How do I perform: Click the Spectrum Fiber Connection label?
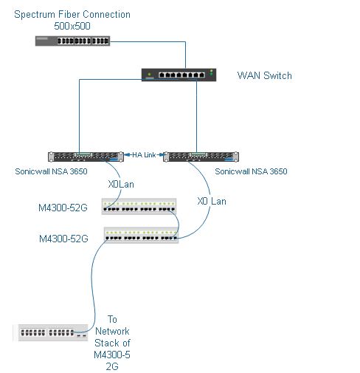point(72,15)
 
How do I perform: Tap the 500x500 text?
point(72,26)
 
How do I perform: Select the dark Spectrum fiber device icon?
point(72,41)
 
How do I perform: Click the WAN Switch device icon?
point(180,74)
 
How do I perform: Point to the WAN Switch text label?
point(264,75)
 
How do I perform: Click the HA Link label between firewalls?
point(144,154)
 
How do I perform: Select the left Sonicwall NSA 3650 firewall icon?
point(83,156)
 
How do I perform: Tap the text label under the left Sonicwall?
point(51,171)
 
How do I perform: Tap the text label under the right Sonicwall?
point(251,171)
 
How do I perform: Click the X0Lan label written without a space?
point(121,185)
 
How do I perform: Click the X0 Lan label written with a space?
point(212,201)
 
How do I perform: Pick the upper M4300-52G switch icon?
point(139,206)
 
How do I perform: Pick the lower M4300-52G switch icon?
point(142,235)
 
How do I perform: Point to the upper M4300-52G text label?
point(63,208)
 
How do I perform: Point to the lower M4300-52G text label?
point(63,239)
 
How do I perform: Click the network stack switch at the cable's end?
point(52,332)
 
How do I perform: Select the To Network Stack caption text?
point(112,343)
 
